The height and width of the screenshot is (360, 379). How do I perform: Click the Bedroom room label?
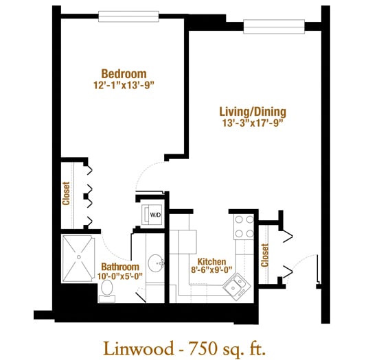(124, 74)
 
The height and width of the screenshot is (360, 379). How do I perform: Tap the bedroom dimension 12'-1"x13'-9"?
(124, 85)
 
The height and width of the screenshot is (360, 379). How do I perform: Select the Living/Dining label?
(253, 112)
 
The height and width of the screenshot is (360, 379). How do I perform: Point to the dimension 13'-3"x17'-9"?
(253, 123)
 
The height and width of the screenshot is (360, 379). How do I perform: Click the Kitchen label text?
(211, 262)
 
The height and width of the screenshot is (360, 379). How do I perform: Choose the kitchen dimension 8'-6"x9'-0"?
(211, 269)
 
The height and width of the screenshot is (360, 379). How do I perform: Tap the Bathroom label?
(120, 267)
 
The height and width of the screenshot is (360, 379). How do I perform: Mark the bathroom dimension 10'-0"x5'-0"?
(120, 276)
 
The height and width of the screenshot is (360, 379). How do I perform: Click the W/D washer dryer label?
(155, 215)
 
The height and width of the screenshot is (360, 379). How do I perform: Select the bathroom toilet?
(107, 291)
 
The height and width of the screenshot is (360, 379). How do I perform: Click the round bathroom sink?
(156, 263)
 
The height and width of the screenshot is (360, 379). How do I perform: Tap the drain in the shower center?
(78, 257)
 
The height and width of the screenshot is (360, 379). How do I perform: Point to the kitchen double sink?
(237, 287)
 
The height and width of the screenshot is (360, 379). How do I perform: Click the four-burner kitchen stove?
(244, 227)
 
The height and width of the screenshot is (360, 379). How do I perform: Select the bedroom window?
(128, 16)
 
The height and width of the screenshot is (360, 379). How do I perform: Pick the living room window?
(274, 27)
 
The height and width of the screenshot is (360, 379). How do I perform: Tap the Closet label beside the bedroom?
(66, 193)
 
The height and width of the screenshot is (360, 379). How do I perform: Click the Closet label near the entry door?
(265, 255)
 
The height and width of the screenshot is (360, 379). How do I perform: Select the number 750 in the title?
(203, 348)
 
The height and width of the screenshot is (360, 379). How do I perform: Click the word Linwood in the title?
(139, 348)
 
